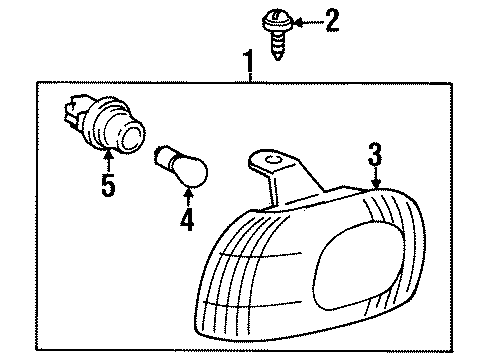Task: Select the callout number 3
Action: pyautogui.click(x=374, y=154)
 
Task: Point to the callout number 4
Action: pyautogui.click(x=186, y=221)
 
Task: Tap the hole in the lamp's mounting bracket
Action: pyautogui.click(x=268, y=157)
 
